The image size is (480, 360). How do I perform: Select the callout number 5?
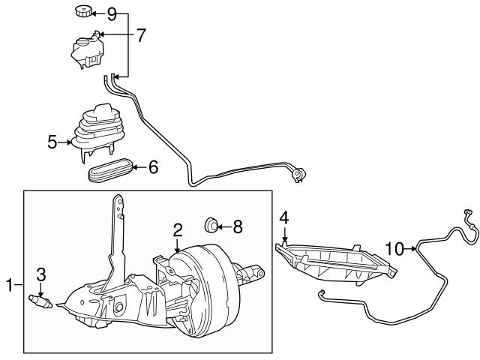(x=52, y=140)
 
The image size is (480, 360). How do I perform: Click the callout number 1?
(x=10, y=285)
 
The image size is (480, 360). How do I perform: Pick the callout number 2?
(x=178, y=229)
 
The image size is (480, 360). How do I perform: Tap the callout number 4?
(x=284, y=217)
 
